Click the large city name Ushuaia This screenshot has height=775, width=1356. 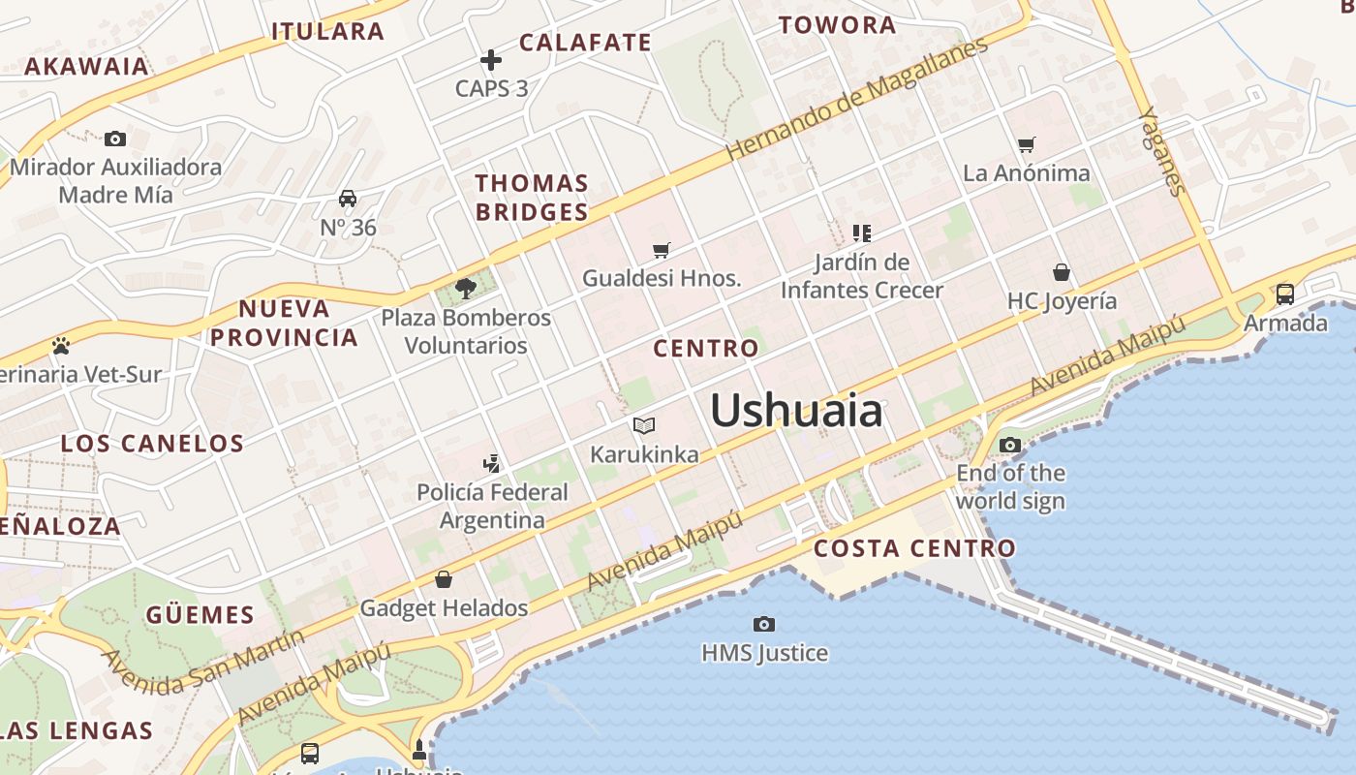(x=796, y=411)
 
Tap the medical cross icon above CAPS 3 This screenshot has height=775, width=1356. (x=491, y=60)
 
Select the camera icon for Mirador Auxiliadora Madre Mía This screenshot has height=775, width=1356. (x=115, y=139)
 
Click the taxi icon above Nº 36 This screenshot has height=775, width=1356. (x=348, y=200)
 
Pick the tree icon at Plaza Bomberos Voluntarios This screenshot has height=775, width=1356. (x=466, y=288)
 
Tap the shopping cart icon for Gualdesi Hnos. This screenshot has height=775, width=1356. (x=662, y=251)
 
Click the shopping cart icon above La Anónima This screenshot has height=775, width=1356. (x=1027, y=145)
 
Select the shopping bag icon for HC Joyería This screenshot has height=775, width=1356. (x=1062, y=272)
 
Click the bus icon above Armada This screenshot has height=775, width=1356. (x=1285, y=294)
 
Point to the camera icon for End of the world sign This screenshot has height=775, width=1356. (x=1010, y=446)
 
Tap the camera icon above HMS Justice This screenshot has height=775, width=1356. (x=764, y=624)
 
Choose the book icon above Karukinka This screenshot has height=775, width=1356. (x=644, y=425)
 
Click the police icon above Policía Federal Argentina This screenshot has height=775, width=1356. (x=492, y=463)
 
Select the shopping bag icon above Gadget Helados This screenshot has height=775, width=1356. (x=444, y=579)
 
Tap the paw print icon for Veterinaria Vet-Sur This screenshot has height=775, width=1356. (x=61, y=346)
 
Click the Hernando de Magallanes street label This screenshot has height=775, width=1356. (x=857, y=99)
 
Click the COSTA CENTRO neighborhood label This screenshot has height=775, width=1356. (x=914, y=548)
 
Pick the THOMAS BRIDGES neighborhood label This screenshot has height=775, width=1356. (x=532, y=198)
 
